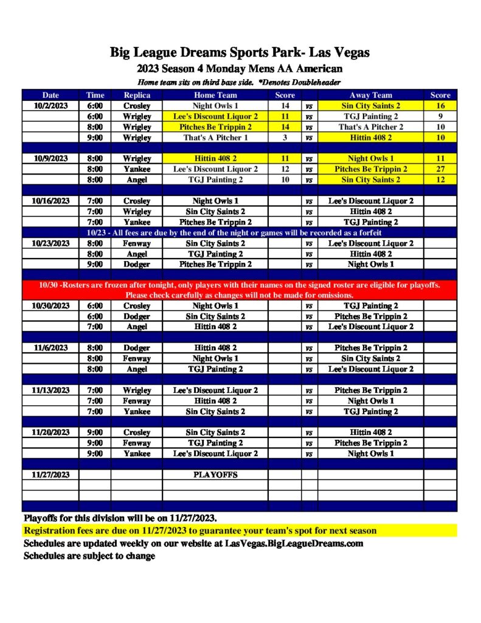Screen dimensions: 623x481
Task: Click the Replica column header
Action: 137,95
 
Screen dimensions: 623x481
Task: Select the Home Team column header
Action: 215,95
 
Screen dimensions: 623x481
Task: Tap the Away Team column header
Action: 370,95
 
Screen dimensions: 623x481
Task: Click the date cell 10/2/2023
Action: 51,106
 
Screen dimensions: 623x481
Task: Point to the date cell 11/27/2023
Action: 51,475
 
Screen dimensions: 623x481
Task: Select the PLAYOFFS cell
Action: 215,475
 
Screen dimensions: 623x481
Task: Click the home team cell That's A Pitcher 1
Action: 215,137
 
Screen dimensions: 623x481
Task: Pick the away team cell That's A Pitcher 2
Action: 370,127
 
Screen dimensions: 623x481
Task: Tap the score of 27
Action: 440,169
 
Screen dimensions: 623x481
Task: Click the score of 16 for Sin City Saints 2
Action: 440,106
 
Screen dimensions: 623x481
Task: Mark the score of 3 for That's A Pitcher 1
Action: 285,137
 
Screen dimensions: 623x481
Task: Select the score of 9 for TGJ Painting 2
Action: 440,116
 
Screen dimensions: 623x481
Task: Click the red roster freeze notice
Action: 239,290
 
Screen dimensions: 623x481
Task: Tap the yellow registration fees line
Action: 201,531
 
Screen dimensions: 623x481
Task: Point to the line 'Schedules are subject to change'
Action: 89,556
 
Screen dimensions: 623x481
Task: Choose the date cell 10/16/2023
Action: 51,201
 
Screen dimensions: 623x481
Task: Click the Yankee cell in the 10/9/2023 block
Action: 137,169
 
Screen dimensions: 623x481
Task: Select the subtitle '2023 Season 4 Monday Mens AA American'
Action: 240,69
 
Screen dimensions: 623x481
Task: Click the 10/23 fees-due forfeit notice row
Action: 239,232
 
